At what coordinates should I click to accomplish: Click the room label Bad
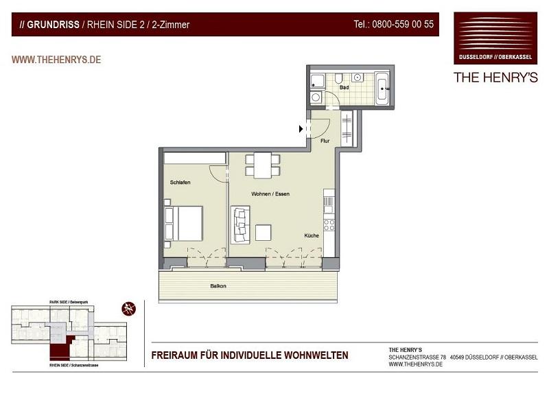click(344, 88)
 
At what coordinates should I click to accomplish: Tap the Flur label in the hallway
click(325, 141)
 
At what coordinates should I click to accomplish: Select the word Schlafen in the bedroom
click(180, 182)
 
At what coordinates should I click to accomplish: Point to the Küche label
click(312, 235)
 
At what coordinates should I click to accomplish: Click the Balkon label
click(218, 285)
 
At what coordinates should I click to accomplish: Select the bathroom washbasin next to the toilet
click(357, 77)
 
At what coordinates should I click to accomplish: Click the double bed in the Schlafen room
click(183, 223)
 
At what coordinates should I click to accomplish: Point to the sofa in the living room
click(240, 224)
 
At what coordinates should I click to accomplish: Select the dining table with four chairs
click(263, 165)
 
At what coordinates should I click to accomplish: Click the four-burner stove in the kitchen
click(329, 224)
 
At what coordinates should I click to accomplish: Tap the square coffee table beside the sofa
click(263, 233)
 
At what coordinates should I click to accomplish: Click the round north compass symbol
click(128, 309)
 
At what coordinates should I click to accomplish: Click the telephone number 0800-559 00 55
click(393, 24)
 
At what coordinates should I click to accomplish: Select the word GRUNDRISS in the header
click(52, 25)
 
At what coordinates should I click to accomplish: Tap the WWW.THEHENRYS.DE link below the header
click(56, 60)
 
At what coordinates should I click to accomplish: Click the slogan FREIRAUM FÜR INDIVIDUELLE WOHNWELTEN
click(249, 355)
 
